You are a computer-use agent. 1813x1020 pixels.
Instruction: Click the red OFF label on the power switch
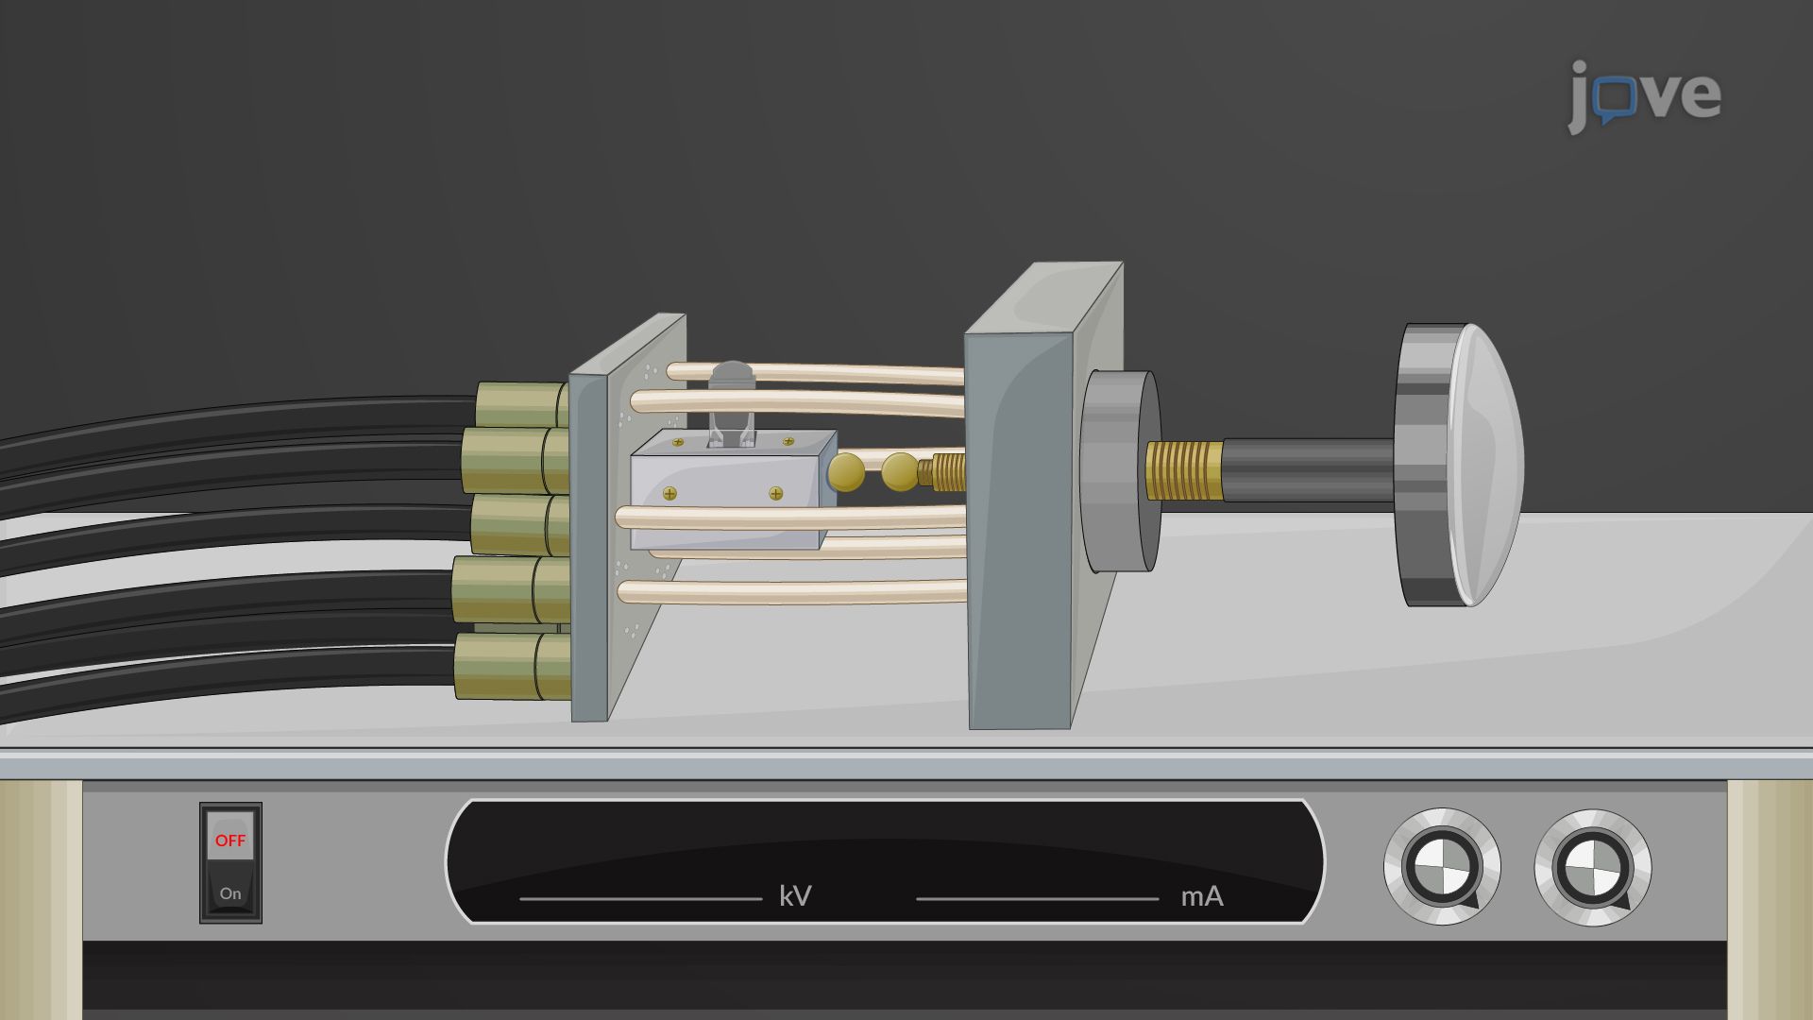tap(230, 841)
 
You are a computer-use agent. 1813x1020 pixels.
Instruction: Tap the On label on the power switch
tap(230, 893)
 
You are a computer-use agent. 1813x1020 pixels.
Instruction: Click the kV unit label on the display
tap(795, 896)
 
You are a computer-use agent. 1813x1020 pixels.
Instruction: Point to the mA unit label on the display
tap(1202, 896)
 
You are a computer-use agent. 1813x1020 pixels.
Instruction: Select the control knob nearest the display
tap(1442, 867)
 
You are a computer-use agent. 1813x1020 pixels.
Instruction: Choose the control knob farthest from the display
tap(1593, 867)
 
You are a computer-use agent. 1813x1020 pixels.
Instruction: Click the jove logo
tap(1644, 95)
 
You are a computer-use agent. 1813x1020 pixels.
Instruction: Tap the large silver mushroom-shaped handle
tap(1459, 465)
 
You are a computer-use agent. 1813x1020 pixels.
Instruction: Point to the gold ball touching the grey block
tap(846, 472)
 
